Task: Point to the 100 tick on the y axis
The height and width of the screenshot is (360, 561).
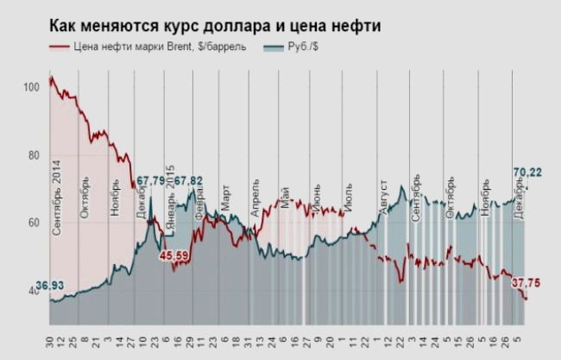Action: pos(33,87)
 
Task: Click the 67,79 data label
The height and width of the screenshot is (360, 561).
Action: pos(150,180)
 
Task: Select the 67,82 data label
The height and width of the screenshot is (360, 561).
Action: pos(188,180)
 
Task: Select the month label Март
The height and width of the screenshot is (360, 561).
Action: pos(225,200)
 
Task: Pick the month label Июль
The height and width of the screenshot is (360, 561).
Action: pos(348,199)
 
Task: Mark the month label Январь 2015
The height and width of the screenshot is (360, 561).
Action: pos(171,200)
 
